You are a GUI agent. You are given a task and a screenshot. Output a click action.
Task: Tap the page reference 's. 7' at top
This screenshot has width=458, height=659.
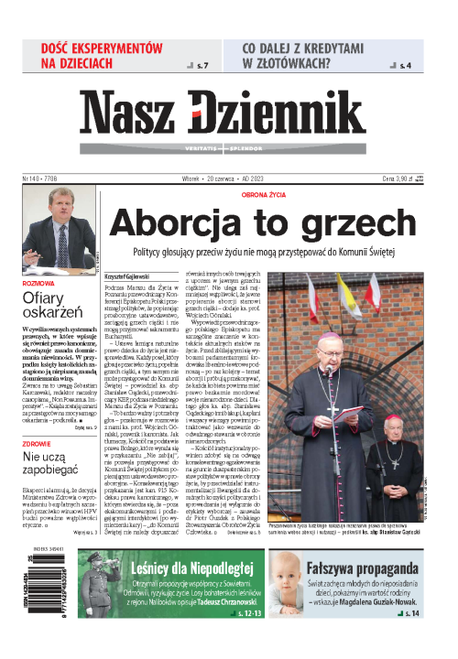[x=202, y=66]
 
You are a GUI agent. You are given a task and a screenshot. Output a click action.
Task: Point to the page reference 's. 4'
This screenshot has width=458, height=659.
[x=406, y=66]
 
